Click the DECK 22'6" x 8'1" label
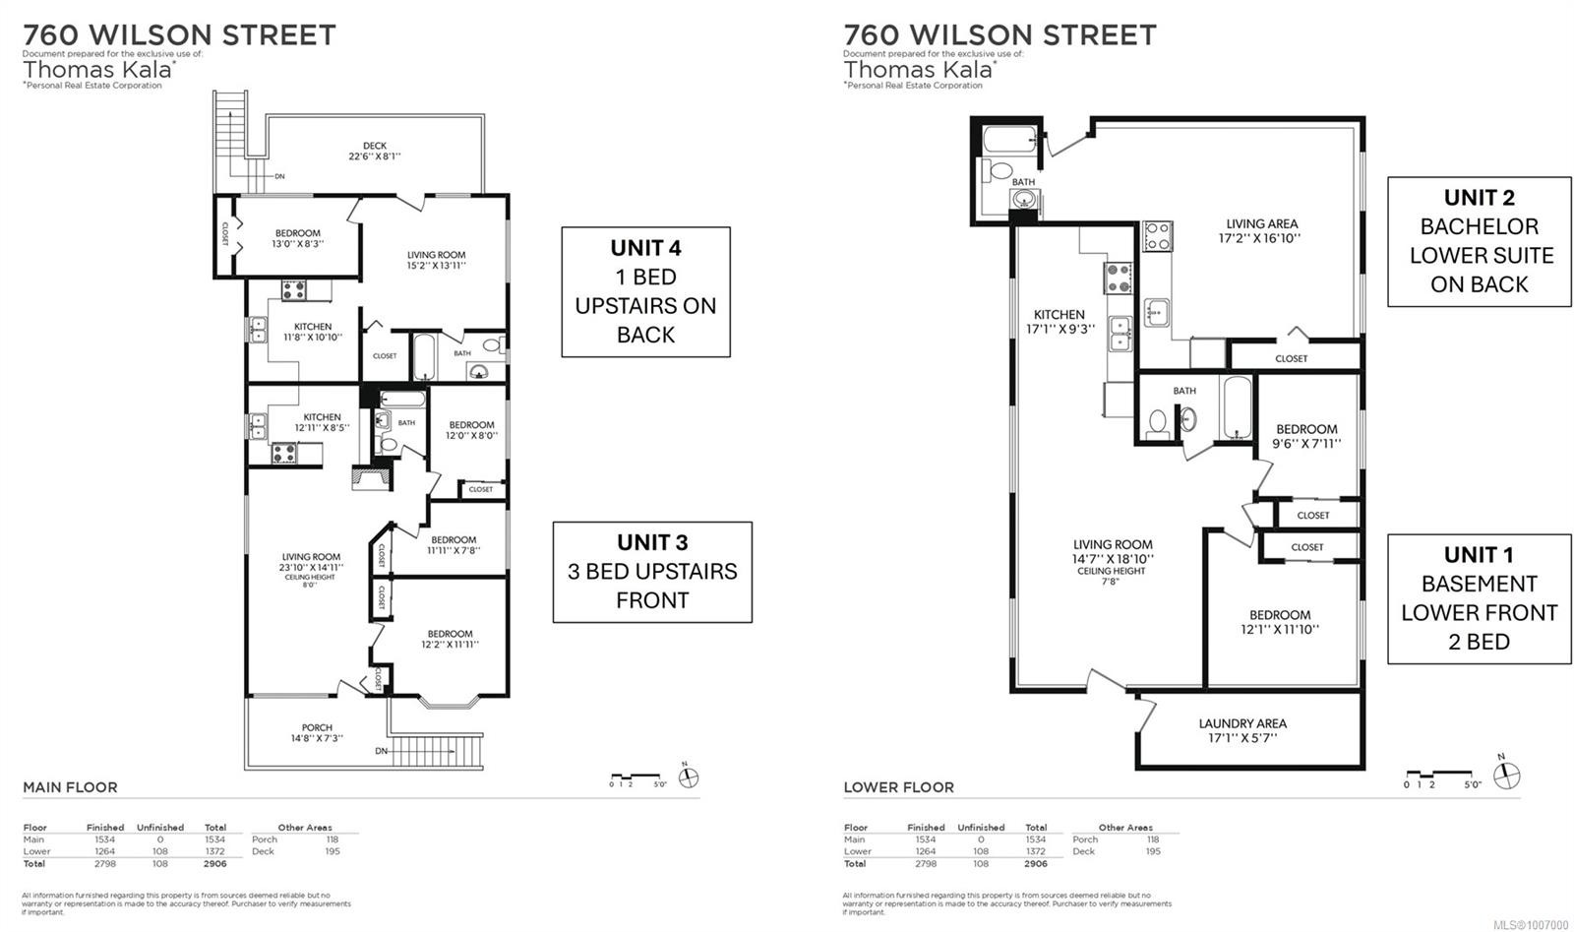[x=375, y=151]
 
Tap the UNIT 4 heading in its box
[x=645, y=248]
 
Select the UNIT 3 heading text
[x=652, y=542]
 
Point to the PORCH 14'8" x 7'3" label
[x=317, y=733]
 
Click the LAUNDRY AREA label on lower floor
[x=1242, y=730]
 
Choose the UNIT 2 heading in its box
[x=1479, y=198]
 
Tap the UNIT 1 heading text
[x=1479, y=555]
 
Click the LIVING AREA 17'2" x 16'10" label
[x=1262, y=230]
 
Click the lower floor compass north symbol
[x=1506, y=776]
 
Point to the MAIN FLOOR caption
[x=70, y=787]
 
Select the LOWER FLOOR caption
[x=898, y=787]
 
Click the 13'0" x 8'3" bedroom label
[x=298, y=238]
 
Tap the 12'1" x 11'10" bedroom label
[x=1280, y=621]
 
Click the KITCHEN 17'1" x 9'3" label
[x=1059, y=322]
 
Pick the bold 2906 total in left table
[x=214, y=864]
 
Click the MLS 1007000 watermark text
[x=1531, y=925]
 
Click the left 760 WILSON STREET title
[x=179, y=35]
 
